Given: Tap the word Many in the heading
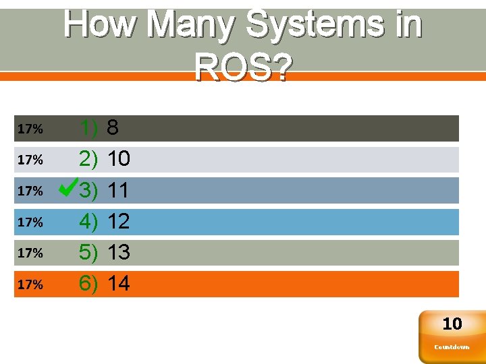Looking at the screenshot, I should click(x=191, y=26).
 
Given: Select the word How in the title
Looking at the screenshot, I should click(x=102, y=26).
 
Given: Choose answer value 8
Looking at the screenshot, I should click(x=113, y=127).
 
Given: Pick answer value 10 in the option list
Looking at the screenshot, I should click(x=119, y=159).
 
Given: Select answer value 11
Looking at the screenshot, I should click(x=119, y=190).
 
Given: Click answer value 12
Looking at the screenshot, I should click(x=119, y=221).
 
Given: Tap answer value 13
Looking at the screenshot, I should click(x=119, y=252).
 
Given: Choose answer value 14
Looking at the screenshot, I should click(x=119, y=284).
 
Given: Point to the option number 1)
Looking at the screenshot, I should click(x=88, y=127).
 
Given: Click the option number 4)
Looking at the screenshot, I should click(x=88, y=221).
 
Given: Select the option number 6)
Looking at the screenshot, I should click(x=88, y=284).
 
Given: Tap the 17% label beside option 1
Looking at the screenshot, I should click(x=30, y=128).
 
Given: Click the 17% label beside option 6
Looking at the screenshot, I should click(x=30, y=284).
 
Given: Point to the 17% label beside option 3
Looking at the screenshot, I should click(x=30, y=191).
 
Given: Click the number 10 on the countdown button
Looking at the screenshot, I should click(x=452, y=324).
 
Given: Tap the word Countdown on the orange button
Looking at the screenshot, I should click(x=452, y=347).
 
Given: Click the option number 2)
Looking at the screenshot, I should click(x=88, y=159).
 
